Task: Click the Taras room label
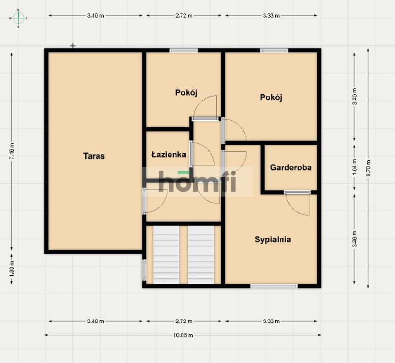coord(94,156)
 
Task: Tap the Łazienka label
coord(168,154)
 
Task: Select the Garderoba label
coord(290,167)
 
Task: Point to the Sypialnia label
coord(272,239)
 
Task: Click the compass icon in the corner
coord(18,18)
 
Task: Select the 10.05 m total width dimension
coord(183,335)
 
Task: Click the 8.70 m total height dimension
coord(368,168)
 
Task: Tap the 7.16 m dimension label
coord(12,151)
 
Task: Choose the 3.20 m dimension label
coord(355,96)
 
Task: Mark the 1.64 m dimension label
coord(355,168)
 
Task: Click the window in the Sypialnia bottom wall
coord(274,286)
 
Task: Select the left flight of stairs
coord(166,255)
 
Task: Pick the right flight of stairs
coord(201,255)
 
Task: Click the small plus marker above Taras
coord(73,46)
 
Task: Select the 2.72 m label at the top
coord(183,16)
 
